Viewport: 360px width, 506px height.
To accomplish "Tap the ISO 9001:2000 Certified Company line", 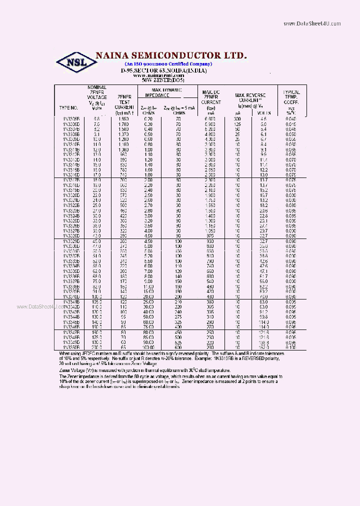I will (x=168, y=64).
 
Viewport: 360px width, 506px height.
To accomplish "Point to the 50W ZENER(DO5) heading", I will (x=163, y=80).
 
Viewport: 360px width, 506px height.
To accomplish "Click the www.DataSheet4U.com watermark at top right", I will (x=312, y=23).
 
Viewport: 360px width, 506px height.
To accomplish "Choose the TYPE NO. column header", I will (x=68, y=107).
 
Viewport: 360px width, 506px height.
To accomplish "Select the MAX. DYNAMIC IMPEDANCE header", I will (x=164, y=92).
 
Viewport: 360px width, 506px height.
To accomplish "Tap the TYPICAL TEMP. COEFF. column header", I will (x=291, y=98).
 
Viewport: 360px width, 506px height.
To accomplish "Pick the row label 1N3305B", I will (x=68, y=119).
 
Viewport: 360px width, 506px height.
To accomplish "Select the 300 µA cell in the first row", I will (x=238, y=119).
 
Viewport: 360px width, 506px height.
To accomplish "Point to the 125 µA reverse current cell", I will (x=238, y=123).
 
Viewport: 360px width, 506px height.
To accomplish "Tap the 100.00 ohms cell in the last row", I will (x=147, y=346).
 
